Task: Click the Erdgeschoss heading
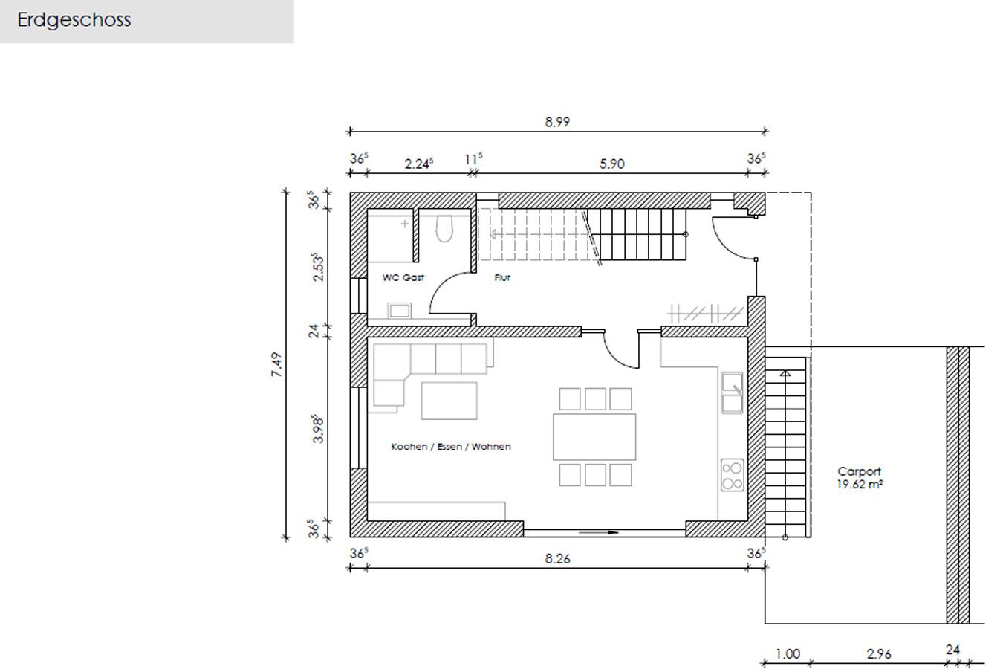click(x=74, y=20)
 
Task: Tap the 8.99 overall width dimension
click(x=557, y=122)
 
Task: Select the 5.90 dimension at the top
click(x=611, y=164)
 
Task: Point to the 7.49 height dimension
click(x=277, y=364)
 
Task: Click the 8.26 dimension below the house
click(x=557, y=559)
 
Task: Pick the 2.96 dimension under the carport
click(x=878, y=654)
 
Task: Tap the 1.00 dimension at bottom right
click(x=788, y=654)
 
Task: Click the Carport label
click(x=859, y=471)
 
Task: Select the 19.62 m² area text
click(x=860, y=485)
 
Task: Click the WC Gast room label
click(x=403, y=277)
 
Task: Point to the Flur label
click(x=502, y=277)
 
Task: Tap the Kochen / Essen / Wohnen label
click(x=451, y=447)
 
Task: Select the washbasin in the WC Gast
click(x=400, y=310)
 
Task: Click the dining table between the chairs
click(x=594, y=436)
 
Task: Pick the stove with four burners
click(x=732, y=476)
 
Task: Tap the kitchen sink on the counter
click(x=732, y=392)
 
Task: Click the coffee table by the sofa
click(x=449, y=401)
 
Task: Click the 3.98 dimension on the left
click(x=318, y=429)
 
